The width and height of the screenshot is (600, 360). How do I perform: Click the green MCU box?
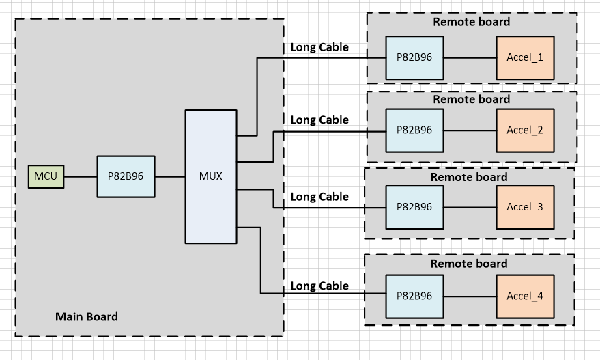point(46,177)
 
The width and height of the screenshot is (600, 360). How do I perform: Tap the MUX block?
point(210,176)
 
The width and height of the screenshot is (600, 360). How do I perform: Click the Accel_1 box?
point(524,57)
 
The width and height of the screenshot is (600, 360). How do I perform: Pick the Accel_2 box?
point(524,130)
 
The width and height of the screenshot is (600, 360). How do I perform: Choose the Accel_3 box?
point(524,207)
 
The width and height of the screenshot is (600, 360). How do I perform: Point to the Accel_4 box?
point(524,296)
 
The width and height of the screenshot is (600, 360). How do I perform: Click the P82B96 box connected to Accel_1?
point(414,57)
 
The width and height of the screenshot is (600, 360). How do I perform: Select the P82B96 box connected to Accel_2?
point(414,130)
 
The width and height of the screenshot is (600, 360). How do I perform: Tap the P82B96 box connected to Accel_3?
point(414,207)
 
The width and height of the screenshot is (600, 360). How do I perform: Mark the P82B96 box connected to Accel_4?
point(414,296)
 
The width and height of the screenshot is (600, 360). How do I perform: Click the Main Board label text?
point(86,317)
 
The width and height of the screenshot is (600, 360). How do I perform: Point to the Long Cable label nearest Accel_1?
point(319,47)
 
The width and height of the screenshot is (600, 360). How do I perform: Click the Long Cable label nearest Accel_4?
point(319,286)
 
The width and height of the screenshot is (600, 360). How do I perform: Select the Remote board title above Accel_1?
point(471,22)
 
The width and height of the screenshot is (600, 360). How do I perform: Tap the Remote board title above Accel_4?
point(468,264)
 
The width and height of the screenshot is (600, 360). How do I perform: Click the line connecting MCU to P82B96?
point(80,177)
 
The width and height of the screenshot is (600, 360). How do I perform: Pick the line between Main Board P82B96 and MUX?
point(170,177)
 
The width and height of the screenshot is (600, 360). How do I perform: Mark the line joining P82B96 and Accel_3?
point(470,207)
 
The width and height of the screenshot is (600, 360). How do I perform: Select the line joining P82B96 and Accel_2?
point(470,130)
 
